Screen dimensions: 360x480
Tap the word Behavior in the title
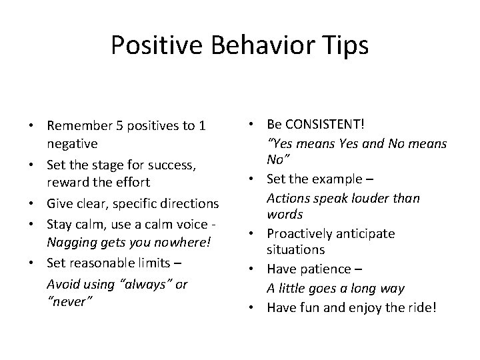click(258, 45)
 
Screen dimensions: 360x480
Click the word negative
click(72, 143)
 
